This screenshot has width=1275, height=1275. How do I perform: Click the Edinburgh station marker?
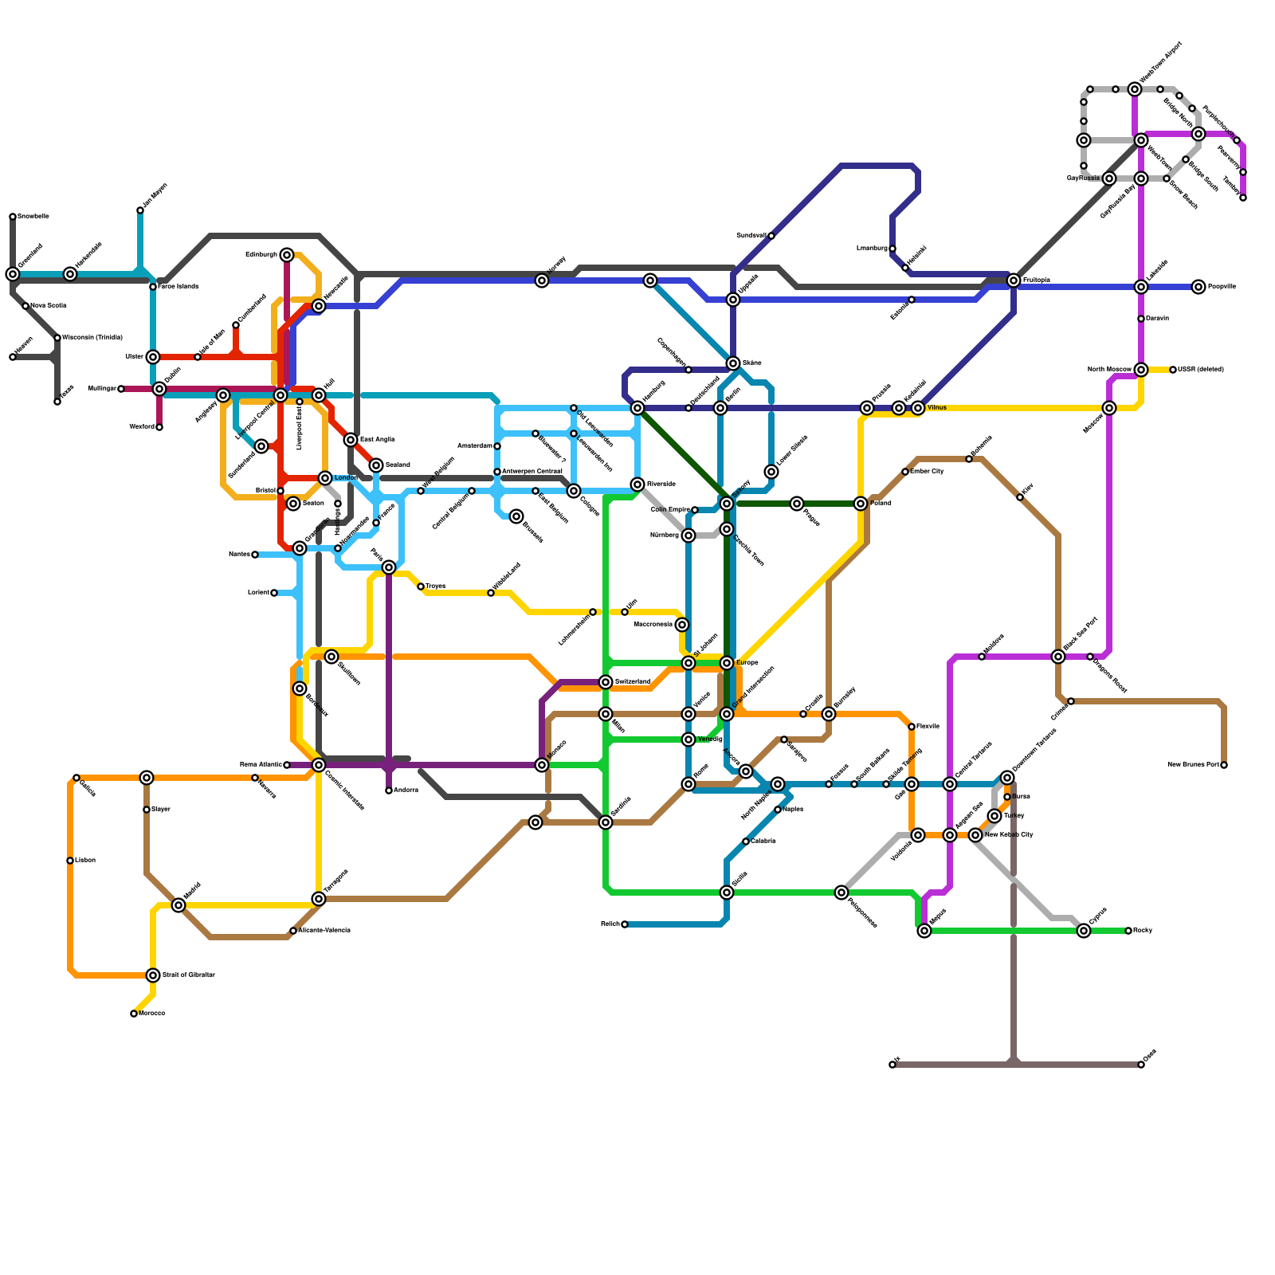(287, 255)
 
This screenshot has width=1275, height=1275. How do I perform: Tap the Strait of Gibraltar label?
(189, 975)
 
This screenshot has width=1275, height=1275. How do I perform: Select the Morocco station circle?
(134, 1014)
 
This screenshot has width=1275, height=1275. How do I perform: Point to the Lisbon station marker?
(70, 861)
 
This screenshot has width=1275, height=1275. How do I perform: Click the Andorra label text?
(406, 790)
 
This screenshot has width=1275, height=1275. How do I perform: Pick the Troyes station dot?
(421, 586)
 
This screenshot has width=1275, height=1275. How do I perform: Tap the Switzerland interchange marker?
(606, 682)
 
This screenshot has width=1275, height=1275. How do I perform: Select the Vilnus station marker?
(918, 408)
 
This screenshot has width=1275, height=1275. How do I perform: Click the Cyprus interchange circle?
(1084, 931)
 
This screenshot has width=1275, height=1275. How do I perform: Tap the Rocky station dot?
(1128, 931)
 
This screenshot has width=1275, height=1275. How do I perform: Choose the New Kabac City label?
(1009, 834)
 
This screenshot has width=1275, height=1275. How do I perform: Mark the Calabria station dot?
(746, 841)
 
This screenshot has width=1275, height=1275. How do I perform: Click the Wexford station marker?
(159, 427)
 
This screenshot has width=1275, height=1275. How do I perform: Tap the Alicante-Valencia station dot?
(293, 931)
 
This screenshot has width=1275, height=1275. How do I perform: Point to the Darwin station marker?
(1141, 319)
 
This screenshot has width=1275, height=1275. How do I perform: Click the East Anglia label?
(377, 439)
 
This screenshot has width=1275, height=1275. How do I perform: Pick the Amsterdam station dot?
(497, 446)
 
